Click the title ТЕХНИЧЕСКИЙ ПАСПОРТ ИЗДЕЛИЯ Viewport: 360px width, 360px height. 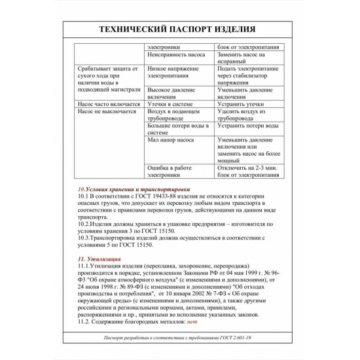point(180,30)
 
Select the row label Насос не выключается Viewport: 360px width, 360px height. point(106,112)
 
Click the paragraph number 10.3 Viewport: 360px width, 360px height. point(83,238)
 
